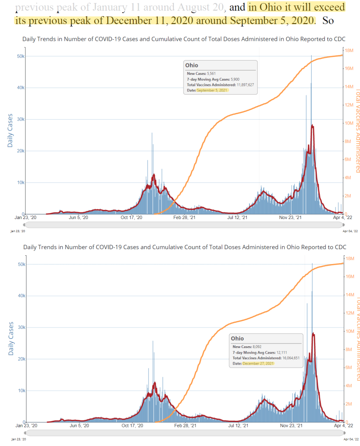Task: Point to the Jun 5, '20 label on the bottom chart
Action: [79, 426]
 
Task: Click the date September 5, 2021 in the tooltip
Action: [212, 90]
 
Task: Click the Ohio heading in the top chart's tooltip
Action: [192, 65]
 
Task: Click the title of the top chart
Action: [184, 39]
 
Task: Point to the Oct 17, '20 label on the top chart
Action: [132, 218]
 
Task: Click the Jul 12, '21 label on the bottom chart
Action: [238, 426]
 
